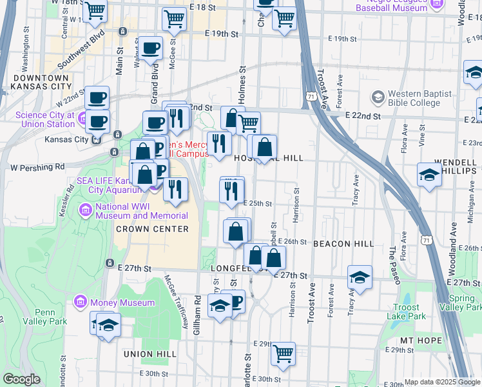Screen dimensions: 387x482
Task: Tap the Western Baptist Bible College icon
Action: pyautogui.click(x=378, y=97)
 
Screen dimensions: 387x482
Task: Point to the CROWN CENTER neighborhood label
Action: pyautogui.click(x=152, y=229)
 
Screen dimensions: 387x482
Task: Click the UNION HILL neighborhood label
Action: pyautogui.click(x=151, y=353)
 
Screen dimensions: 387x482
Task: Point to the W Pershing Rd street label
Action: pyautogui.click(x=37, y=166)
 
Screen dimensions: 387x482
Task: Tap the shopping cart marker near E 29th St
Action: pyautogui.click(x=283, y=353)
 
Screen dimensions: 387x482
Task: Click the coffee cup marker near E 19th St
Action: pyautogui.click(x=151, y=48)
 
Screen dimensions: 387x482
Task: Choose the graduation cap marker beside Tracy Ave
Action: pyautogui.click(x=360, y=278)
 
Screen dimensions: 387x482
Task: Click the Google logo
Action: pyautogui.click(x=21, y=379)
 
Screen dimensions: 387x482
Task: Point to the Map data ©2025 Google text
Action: pyautogui.click(x=442, y=382)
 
